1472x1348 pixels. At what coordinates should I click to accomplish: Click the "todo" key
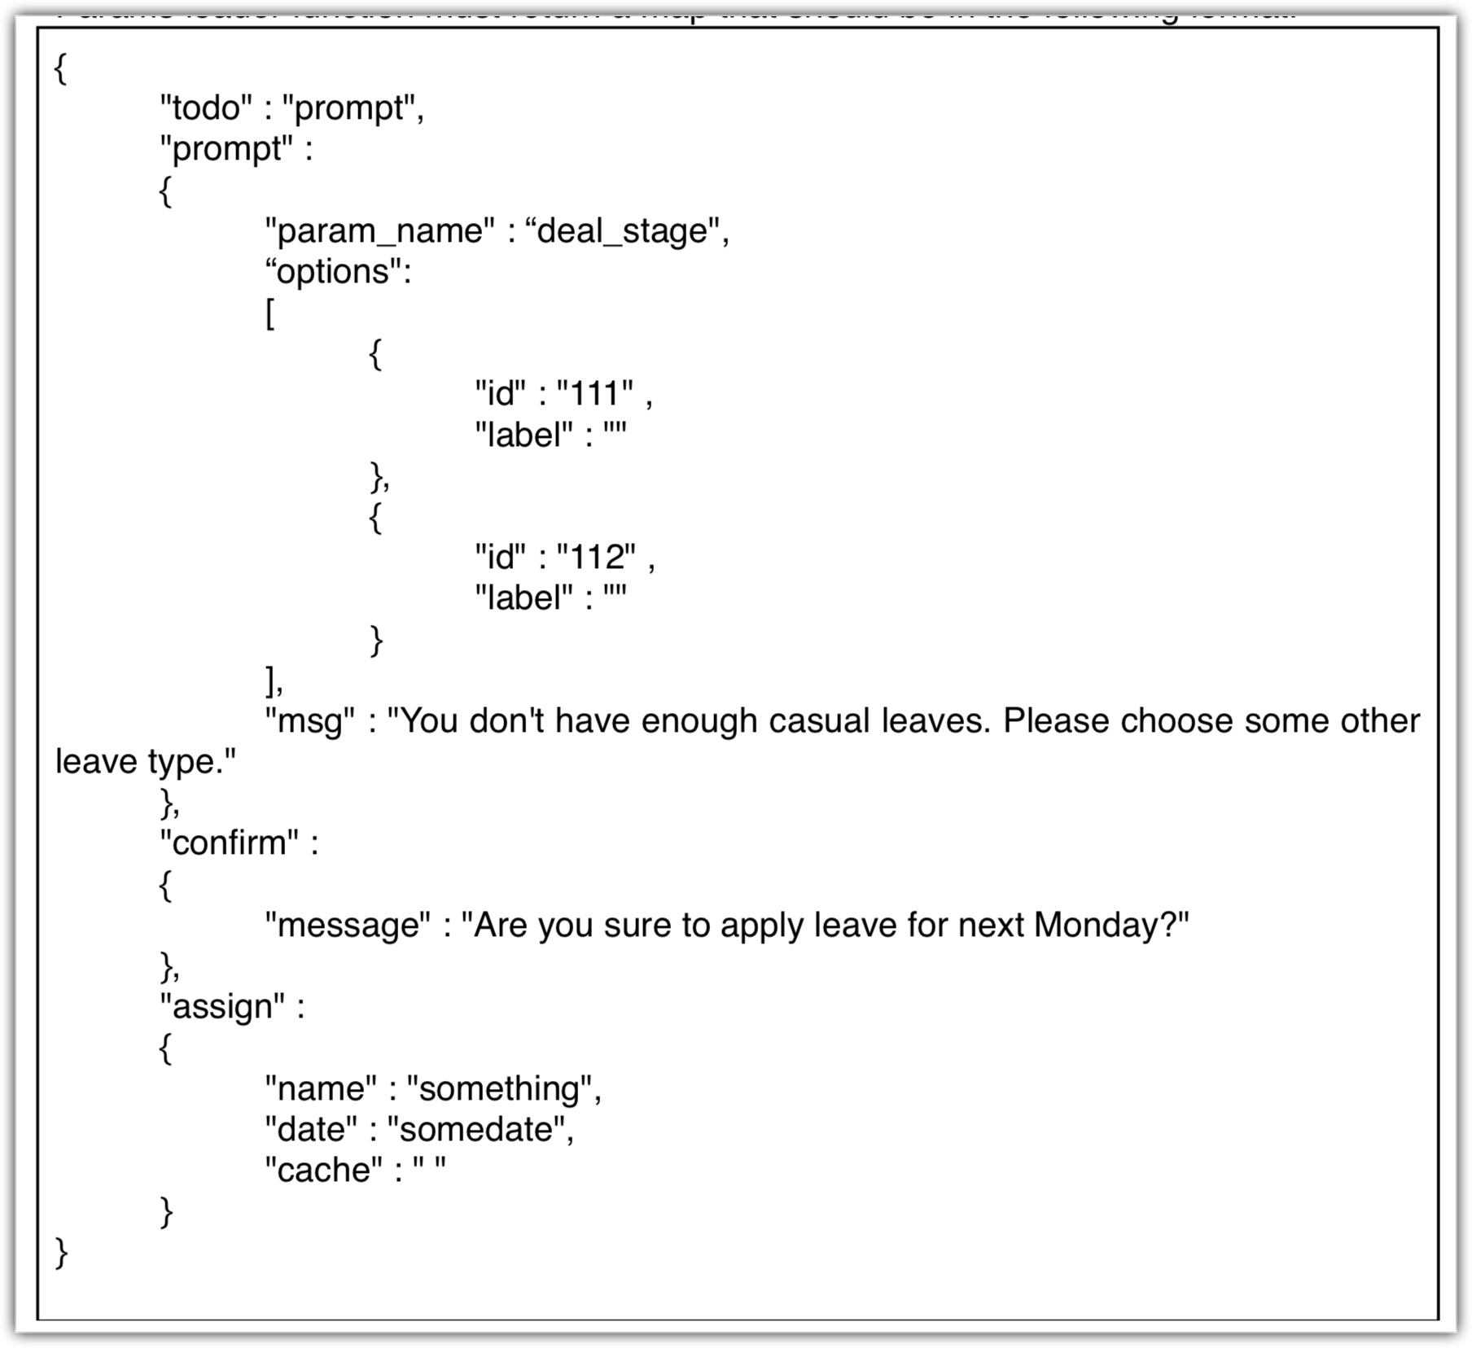coord(206,108)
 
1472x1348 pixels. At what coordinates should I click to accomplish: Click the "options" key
coord(334,272)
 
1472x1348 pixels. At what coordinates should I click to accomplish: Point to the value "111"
coord(594,395)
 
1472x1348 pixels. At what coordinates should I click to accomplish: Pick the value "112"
coord(596,558)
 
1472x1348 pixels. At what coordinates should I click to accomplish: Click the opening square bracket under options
coord(270,313)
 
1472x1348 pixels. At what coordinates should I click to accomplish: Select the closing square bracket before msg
coord(270,681)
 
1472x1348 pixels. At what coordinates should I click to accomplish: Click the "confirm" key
coord(230,843)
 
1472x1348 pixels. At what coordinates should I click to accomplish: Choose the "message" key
coord(348,926)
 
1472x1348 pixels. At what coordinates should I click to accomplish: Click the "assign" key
coord(222,1007)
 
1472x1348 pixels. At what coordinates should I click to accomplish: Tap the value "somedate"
coord(476,1130)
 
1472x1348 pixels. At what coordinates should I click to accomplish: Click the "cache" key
coord(323,1171)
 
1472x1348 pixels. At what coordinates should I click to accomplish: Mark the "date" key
coord(311,1130)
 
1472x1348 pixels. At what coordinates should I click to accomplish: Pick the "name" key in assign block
coord(321,1089)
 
